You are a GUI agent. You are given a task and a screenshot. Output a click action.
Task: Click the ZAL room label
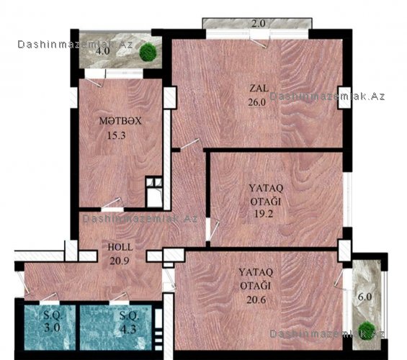click(x=259, y=89)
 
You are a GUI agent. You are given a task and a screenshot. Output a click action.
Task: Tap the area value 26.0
click(x=256, y=102)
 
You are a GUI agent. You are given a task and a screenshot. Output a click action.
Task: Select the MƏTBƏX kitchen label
click(x=120, y=121)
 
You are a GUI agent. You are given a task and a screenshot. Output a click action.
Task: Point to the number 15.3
click(x=116, y=135)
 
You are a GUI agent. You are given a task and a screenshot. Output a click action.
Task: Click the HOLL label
click(x=120, y=247)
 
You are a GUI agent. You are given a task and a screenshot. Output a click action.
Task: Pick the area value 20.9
click(x=120, y=261)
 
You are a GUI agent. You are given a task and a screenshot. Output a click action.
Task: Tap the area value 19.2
click(x=264, y=214)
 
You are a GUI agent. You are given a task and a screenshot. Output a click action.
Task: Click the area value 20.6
click(x=256, y=300)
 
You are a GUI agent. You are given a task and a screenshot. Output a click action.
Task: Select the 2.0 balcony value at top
click(x=259, y=24)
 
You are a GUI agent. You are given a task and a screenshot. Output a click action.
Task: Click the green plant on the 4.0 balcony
click(x=148, y=52)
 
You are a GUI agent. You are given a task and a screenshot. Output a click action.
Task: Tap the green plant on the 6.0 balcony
click(x=367, y=329)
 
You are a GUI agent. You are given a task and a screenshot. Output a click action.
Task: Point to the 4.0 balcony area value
click(x=102, y=51)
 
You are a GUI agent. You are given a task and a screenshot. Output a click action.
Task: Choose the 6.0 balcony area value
click(x=365, y=297)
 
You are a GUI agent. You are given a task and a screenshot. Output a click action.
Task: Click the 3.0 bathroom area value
click(x=52, y=328)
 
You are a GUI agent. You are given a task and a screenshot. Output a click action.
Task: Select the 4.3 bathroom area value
click(x=128, y=329)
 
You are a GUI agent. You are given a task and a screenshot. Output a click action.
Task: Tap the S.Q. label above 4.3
click(x=129, y=315)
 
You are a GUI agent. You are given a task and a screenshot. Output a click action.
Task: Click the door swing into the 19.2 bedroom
click(x=214, y=230)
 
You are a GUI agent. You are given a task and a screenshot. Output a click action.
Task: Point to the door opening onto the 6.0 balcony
click(x=339, y=279)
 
